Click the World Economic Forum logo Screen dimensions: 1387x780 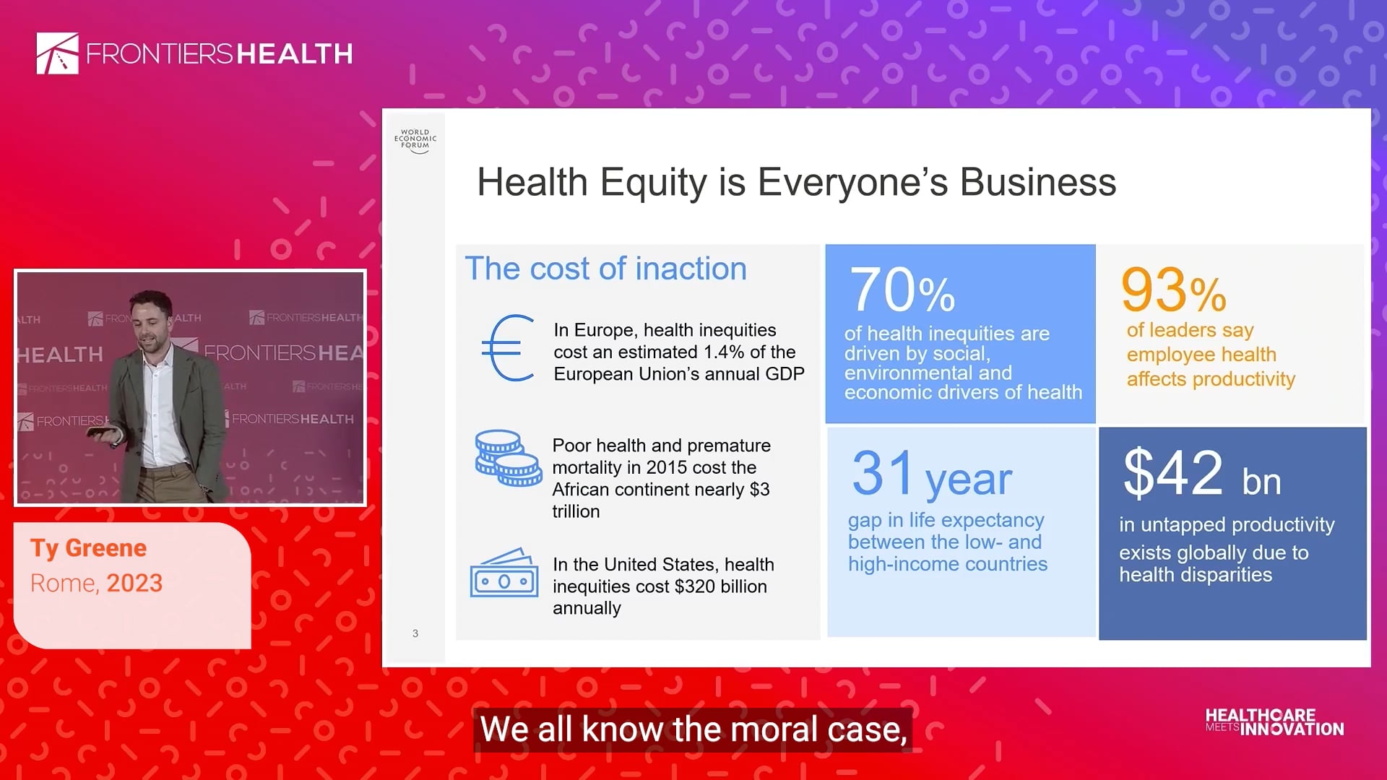pyautogui.click(x=415, y=141)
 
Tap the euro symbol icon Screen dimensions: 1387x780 pyautogui.click(x=508, y=348)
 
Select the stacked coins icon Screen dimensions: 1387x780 pyautogui.click(x=508, y=458)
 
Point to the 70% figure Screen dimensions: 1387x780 pyautogui.click(x=902, y=290)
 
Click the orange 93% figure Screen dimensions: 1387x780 pyautogui.click(x=1173, y=290)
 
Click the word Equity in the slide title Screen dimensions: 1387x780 pyautogui.click(x=654, y=183)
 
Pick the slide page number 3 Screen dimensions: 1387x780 pyautogui.click(x=415, y=633)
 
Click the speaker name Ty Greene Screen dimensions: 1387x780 pyautogui.click(x=88, y=548)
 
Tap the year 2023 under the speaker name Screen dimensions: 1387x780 pyautogui.click(x=134, y=583)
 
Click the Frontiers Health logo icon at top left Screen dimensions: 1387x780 pyautogui.click(x=58, y=53)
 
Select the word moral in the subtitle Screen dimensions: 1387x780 pyautogui.click(x=774, y=729)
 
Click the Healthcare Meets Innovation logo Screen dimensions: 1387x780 pyautogui.click(x=1275, y=722)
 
